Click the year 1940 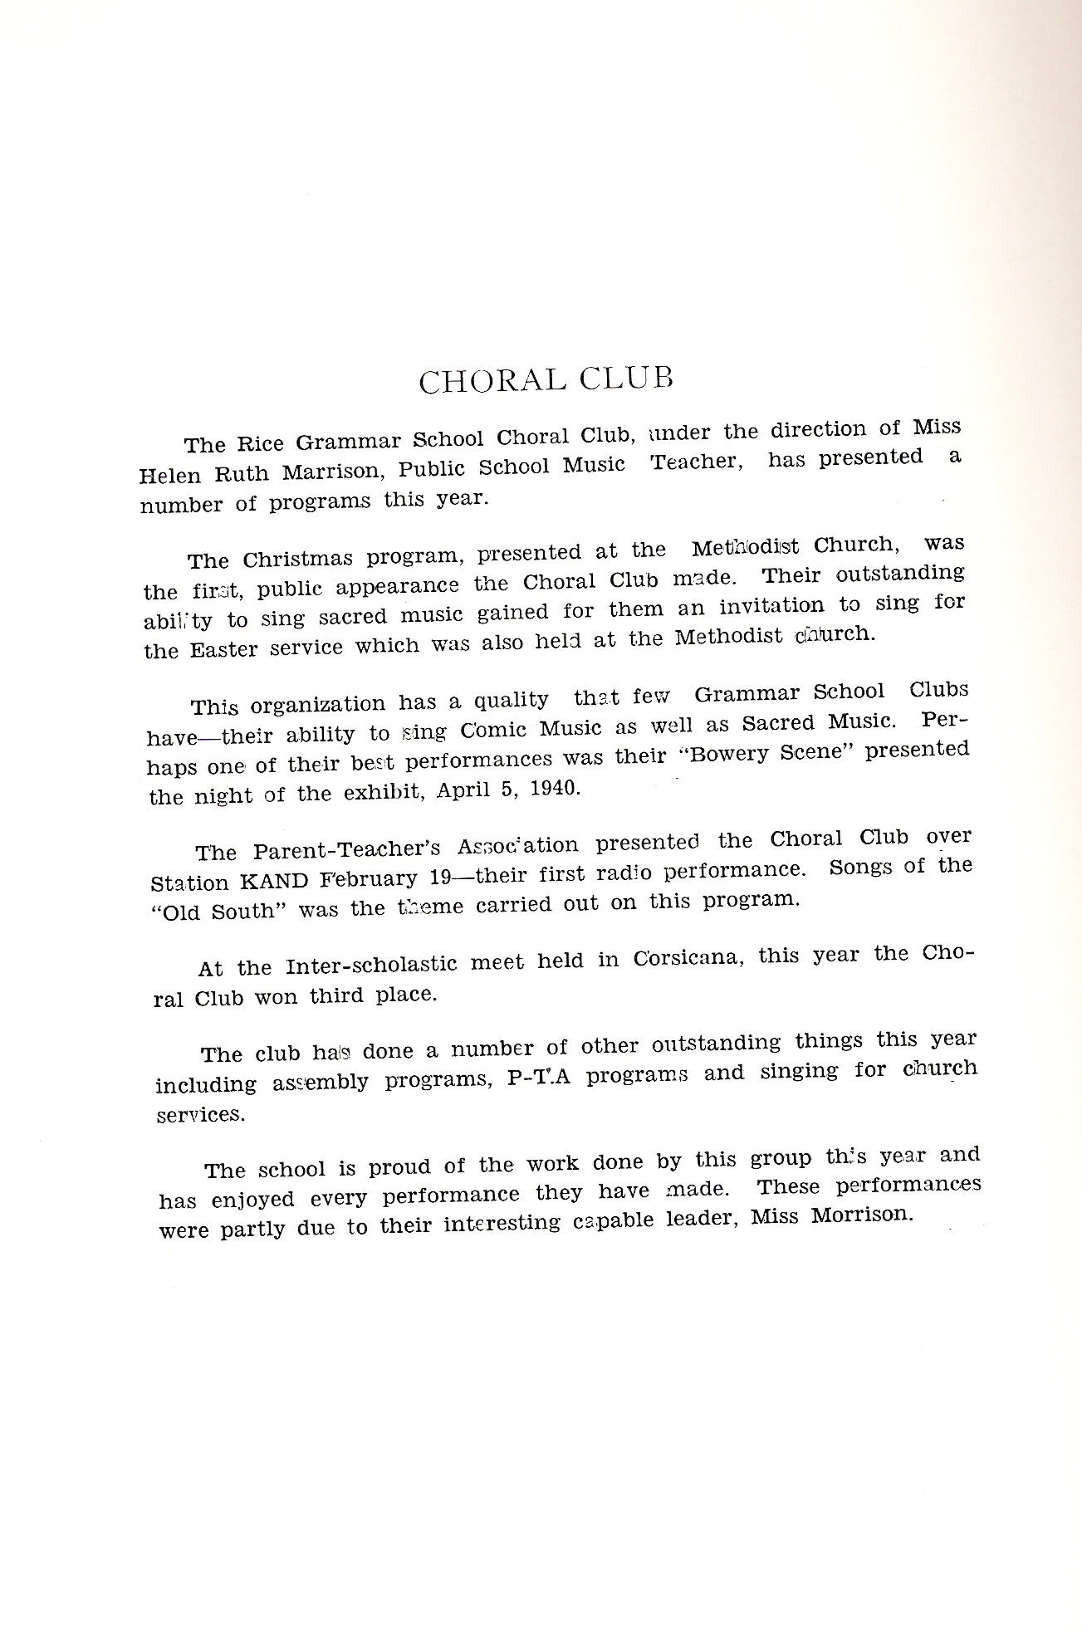point(552,788)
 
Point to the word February point(375,878)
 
